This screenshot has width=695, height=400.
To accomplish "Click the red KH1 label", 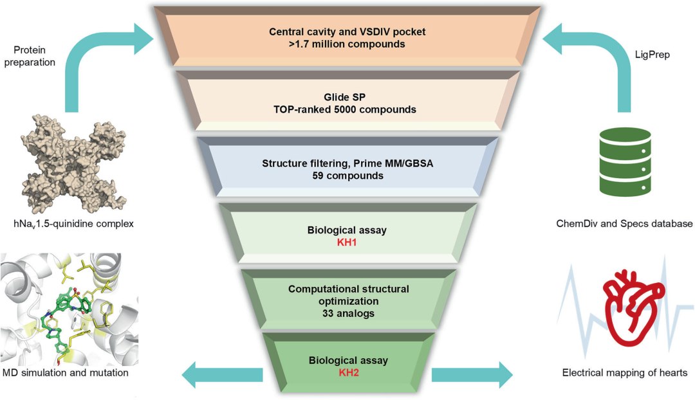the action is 347,242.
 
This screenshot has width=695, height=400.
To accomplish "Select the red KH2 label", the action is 349,372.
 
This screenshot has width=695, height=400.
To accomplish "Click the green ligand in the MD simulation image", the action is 66,319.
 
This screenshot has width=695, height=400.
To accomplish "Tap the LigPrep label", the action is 652,55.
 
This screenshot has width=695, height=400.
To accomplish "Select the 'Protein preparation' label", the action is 30,56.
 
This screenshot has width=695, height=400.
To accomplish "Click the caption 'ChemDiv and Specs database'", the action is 624,224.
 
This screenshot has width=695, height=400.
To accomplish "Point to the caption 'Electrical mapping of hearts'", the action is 624,373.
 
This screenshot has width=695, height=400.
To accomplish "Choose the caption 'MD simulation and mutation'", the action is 66,373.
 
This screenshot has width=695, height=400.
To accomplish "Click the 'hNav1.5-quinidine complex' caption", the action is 73,224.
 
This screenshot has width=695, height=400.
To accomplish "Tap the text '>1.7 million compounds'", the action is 347,44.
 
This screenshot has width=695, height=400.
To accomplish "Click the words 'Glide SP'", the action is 344,97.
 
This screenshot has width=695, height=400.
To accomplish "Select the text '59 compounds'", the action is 348,176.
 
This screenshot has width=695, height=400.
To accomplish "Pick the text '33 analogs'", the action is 348,314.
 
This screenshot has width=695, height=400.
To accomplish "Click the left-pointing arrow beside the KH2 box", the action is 223,375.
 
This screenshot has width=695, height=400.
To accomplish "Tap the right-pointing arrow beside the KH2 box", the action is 472,375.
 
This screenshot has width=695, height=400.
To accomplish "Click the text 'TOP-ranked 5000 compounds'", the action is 345,109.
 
